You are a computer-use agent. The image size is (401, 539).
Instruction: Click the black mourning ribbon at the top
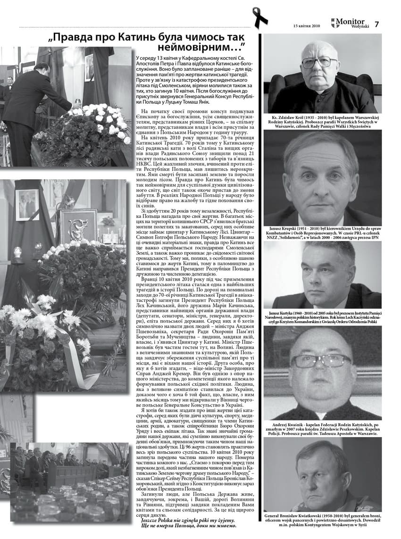pyautogui.click(x=259, y=17)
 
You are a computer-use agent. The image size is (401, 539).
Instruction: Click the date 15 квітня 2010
pyautogui.click(x=306, y=25)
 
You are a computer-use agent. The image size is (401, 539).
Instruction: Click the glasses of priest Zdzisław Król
pyautogui.click(x=320, y=62)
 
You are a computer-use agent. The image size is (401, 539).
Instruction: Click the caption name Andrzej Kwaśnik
pyautogui.click(x=289, y=425)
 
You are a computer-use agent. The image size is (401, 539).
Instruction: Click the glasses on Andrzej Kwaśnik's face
pyautogui.click(x=321, y=361)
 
